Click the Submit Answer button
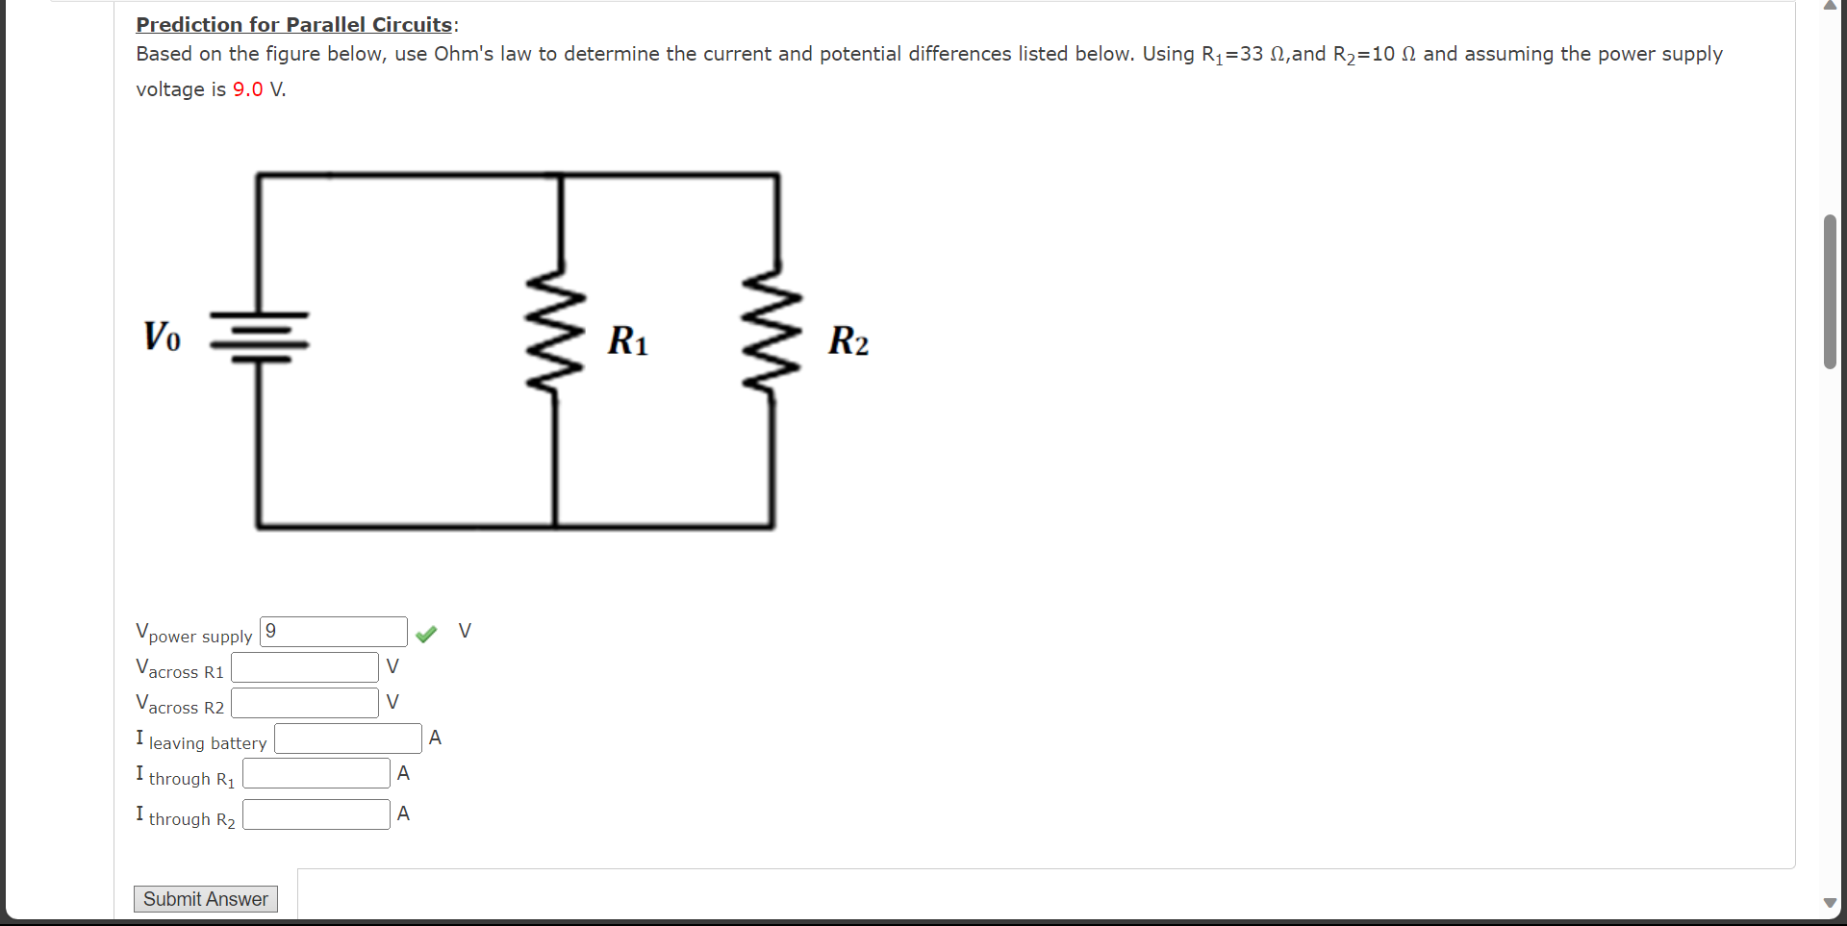tap(205, 899)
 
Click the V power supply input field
tap(333, 632)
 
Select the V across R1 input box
tap(304, 667)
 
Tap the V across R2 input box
tap(304, 703)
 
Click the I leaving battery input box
tap(347, 738)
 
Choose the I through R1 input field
tap(316, 774)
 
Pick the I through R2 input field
tap(316, 814)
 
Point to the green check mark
tap(426, 633)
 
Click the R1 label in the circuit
tap(627, 340)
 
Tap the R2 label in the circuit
tap(848, 340)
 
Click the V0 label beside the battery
tap(162, 337)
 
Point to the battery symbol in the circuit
tap(259, 337)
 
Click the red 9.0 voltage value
tap(247, 89)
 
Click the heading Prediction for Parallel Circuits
tap(293, 25)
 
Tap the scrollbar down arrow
tap(1830, 903)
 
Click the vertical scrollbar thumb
tap(1830, 291)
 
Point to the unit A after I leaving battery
tap(435, 738)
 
